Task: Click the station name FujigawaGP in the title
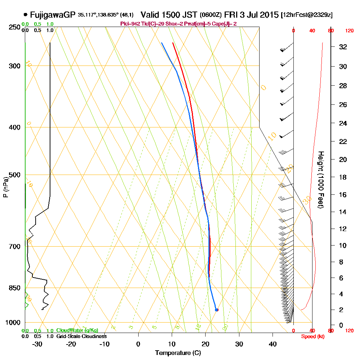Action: pyautogui.click(x=53, y=15)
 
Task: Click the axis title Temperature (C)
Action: pyautogui.click(x=178, y=353)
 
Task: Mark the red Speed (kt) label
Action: pyautogui.click(x=312, y=336)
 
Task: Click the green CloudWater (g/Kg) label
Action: pyautogui.click(x=77, y=330)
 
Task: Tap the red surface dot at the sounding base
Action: pyautogui.click(x=216, y=310)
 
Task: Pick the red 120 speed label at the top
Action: pyautogui.click(x=349, y=31)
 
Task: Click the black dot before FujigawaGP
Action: pyautogui.click(x=25, y=15)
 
